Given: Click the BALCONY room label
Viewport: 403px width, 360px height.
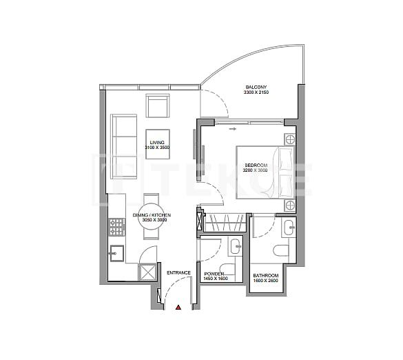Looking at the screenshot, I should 256,88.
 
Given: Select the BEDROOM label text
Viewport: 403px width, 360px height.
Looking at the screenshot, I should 255,166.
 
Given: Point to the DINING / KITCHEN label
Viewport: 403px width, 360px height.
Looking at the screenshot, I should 152,216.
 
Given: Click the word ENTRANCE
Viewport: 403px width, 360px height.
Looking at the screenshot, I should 178,273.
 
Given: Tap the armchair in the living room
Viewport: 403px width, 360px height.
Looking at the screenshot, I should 158,107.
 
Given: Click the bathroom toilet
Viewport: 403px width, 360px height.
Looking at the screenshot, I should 282,250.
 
